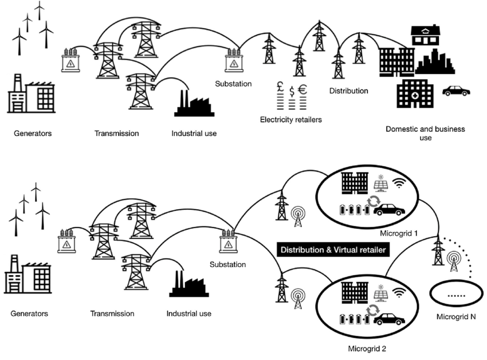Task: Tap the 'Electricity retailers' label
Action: (x=291, y=120)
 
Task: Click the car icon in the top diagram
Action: (x=456, y=91)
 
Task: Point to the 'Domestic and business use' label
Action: (x=426, y=134)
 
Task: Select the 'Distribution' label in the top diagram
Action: (x=348, y=91)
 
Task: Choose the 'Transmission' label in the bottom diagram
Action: (x=112, y=314)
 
